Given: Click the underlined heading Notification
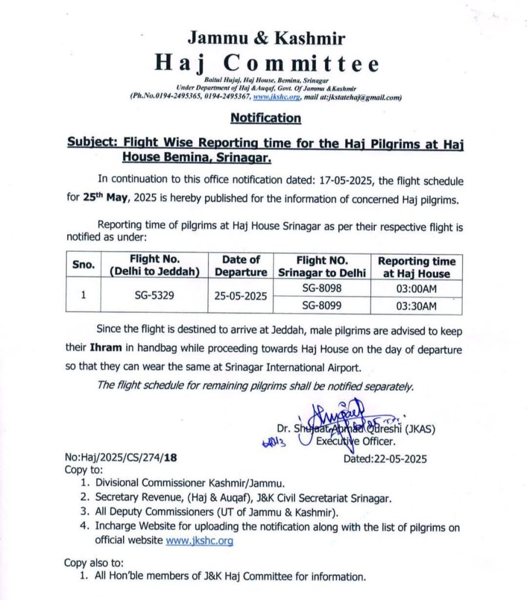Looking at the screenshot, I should click(x=265, y=118).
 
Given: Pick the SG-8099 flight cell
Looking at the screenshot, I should click(x=321, y=305).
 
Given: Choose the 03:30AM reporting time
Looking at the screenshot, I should click(x=416, y=305).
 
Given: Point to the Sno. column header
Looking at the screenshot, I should click(x=83, y=265).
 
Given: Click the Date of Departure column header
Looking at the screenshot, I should click(x=241, y=265).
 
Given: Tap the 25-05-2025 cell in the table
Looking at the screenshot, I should click(x=241, y=296).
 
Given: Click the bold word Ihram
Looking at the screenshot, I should click(x=105, y=347).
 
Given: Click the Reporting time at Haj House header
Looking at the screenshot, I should click(x=416, y=267).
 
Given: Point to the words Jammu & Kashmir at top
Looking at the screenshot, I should click(x=266, y=38).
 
